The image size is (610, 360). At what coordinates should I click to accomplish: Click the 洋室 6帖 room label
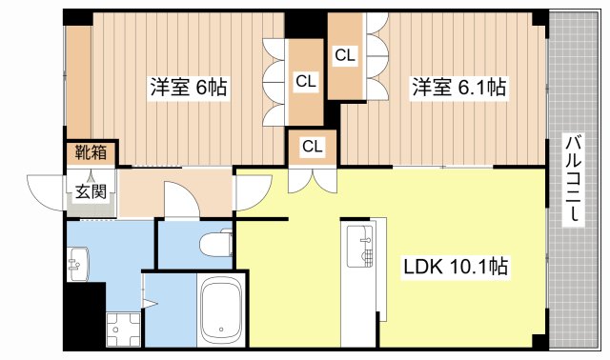point(188,87)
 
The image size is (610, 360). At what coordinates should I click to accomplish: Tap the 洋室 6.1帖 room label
point(457,87)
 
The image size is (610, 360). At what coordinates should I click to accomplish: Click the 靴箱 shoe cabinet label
point(91,152)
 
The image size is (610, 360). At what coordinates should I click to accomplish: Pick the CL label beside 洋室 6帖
point(305,82)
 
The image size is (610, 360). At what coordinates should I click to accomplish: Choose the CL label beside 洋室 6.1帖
point(345,56)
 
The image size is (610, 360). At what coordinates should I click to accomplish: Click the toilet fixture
point(218,245)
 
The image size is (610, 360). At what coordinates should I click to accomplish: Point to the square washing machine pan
point(122,330)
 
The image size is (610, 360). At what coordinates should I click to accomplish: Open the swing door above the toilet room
point(179,201)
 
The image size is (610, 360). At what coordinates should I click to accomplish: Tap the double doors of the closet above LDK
point(313,177)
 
